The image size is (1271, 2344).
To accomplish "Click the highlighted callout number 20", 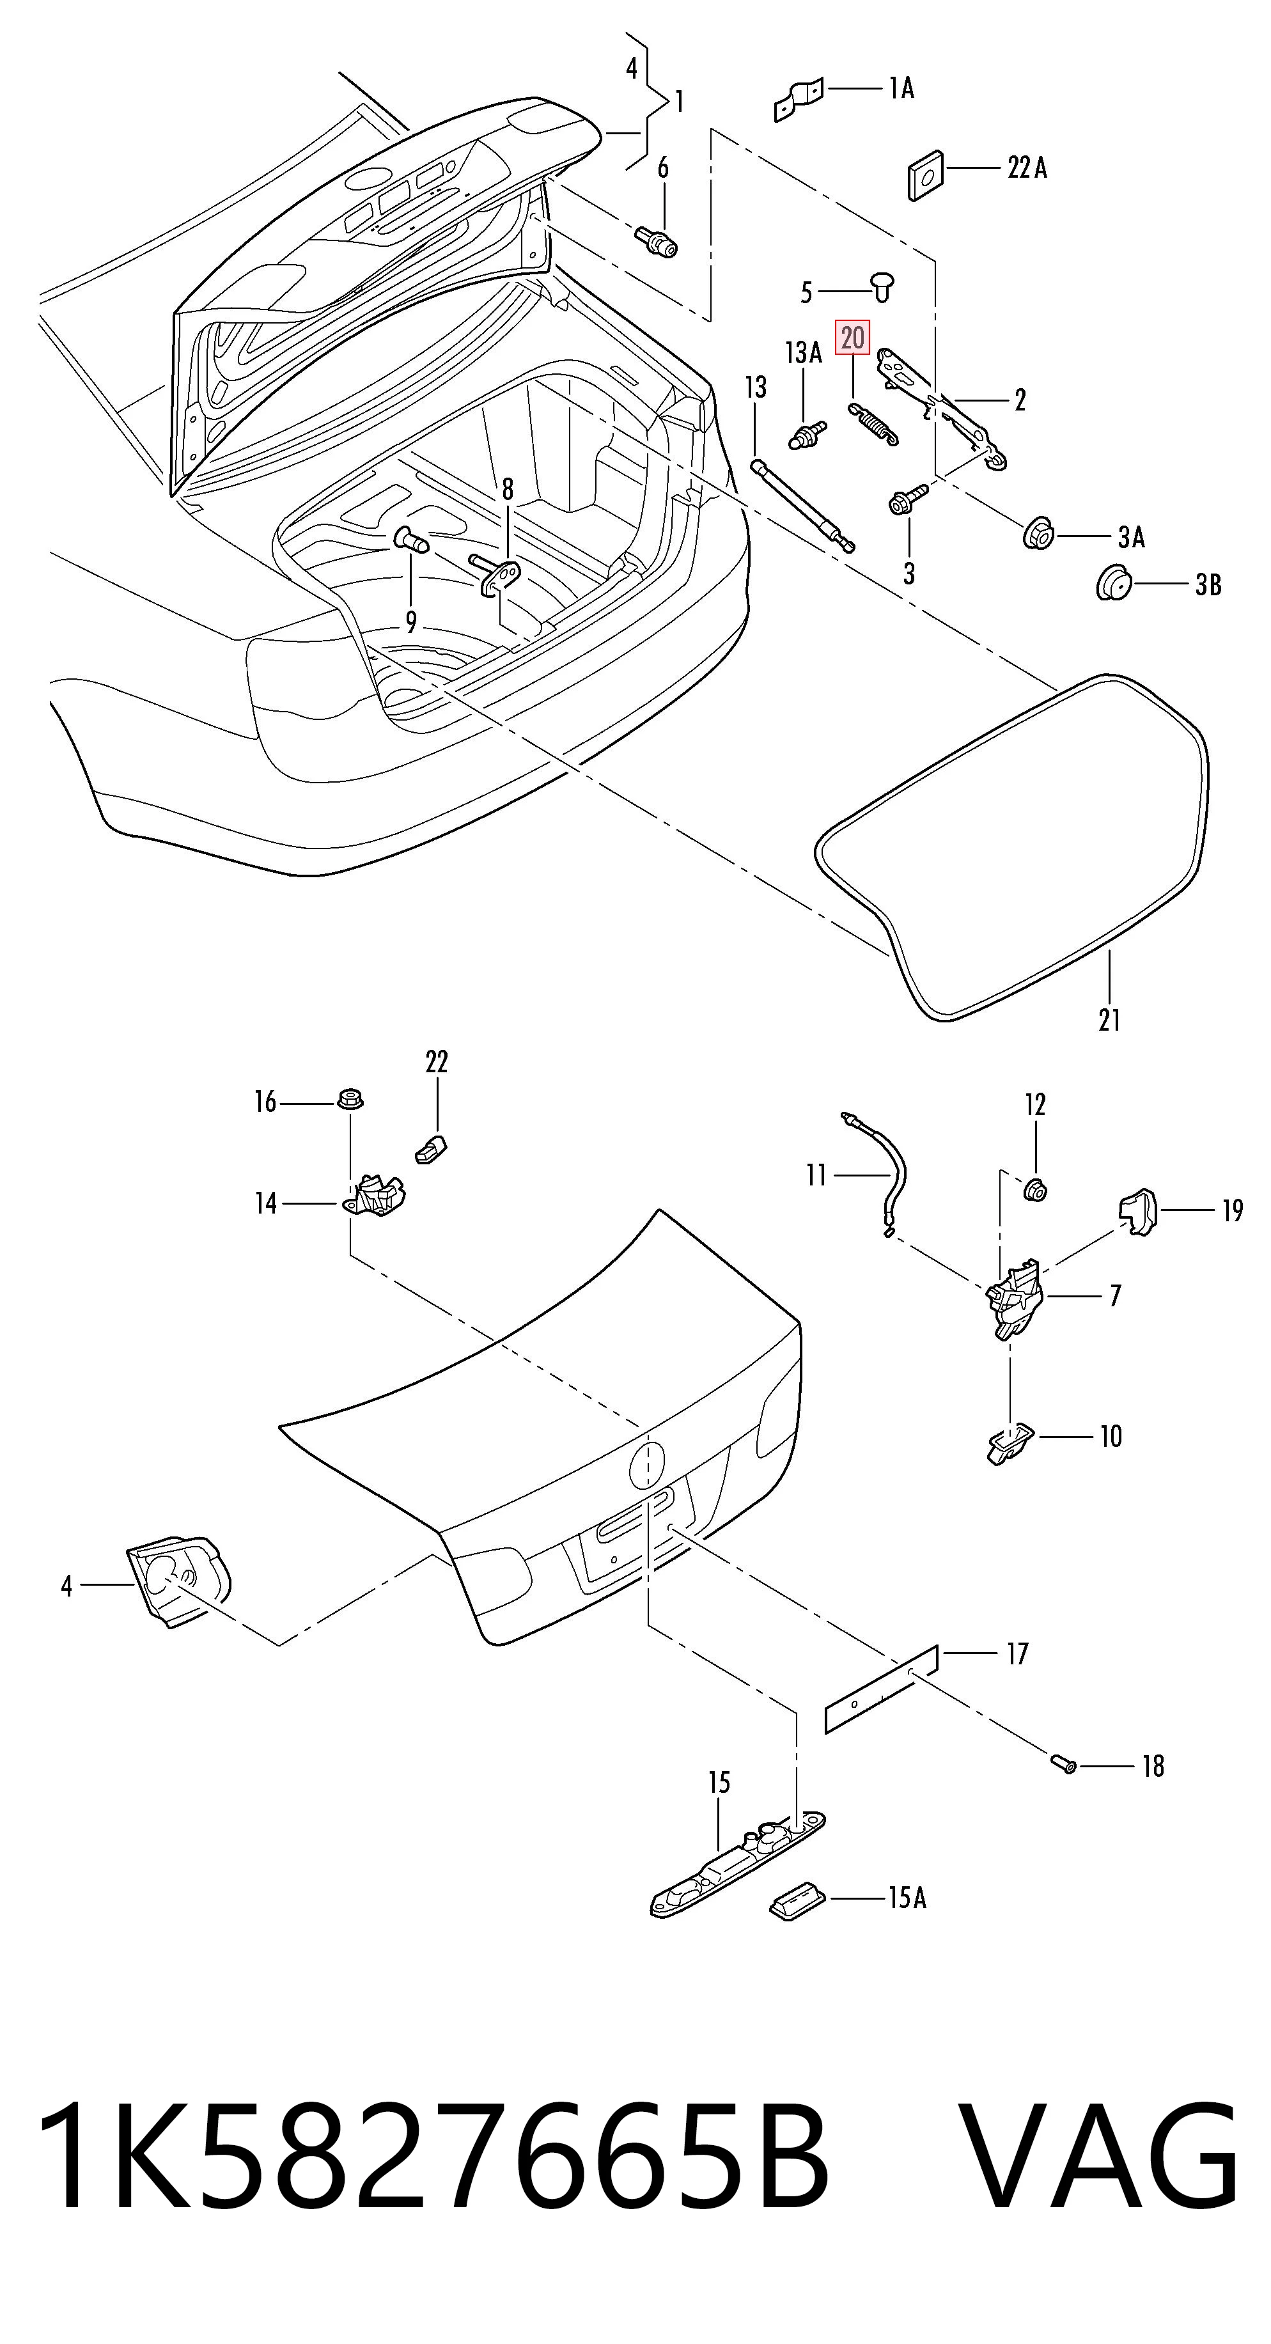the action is [x=852, y=338].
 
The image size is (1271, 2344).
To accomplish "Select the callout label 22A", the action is [x=1027, y=168].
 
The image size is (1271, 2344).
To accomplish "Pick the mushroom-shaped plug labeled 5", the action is [x=882, y=285].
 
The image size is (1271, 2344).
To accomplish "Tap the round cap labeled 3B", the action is [x=1112, y=582].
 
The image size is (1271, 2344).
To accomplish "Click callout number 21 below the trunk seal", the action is [x=1109, y=1020].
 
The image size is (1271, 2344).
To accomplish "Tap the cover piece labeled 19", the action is [x=1136, y=1211].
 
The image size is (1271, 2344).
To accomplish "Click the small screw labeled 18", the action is [x=1063, y=1763].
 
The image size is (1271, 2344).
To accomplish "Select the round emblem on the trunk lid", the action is [x=647, y=1464].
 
